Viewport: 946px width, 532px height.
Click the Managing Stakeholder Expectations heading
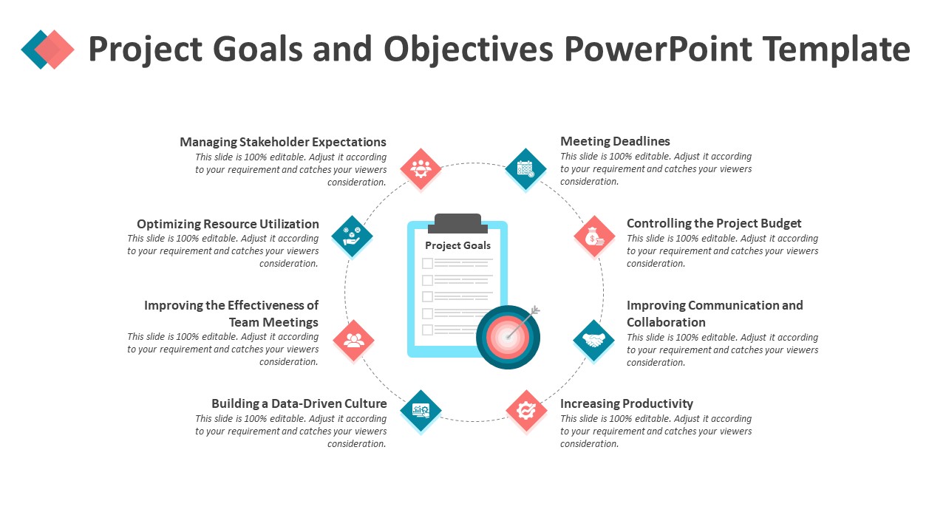[283, 142]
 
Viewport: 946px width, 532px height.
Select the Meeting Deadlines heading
[615, 141]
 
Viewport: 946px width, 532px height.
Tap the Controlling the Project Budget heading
[714, 223]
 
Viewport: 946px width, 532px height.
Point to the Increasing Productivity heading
[627, 403]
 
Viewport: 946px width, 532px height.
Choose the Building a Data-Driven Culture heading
[299, 403]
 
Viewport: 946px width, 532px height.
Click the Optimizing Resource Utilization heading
[228, 224]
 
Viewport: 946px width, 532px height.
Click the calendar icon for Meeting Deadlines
[525, 168]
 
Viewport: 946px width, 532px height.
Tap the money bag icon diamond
[595, 236]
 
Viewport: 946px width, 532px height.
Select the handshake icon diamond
[593, 340]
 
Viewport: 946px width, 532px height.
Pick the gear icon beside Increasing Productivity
[526, 410]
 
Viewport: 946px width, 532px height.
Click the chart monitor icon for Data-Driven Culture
[421, 410]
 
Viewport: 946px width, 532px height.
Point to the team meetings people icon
[354, 340]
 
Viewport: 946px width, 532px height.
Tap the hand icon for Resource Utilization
[352, 236]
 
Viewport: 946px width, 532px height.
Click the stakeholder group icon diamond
[421, 168]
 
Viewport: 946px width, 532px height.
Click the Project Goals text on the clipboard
[457, 245]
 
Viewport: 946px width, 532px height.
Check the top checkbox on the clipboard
[427, 263]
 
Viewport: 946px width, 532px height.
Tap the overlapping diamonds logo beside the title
[48, 49]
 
